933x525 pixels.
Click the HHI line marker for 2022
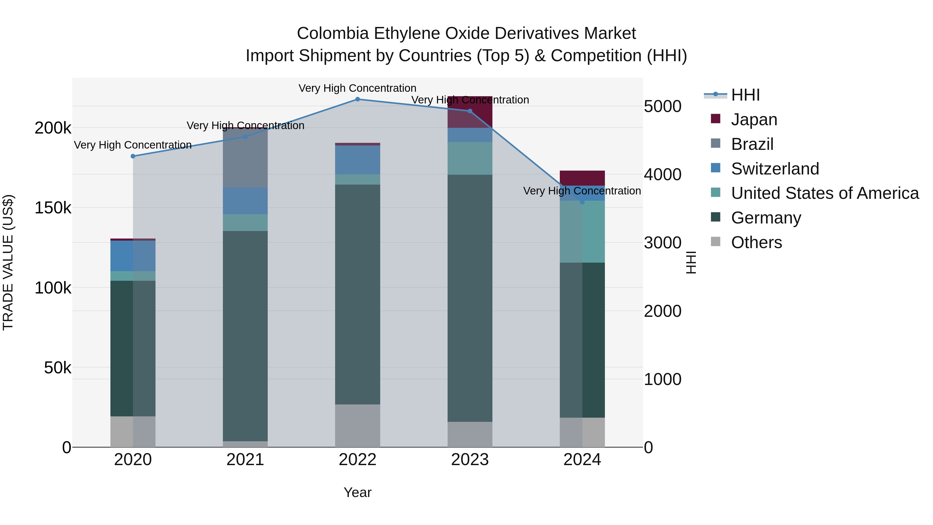(x=357, y=99)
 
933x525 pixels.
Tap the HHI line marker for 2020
(x=133, y=156)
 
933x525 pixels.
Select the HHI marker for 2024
(x=582, y=202)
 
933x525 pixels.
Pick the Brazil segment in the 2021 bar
(x=245, y=158)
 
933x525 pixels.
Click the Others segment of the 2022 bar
(x=357, y=425)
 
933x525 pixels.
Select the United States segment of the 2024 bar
(x=582, y=232)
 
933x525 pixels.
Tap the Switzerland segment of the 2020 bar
(x=133, y=256)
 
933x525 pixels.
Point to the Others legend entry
(x=756, y=242)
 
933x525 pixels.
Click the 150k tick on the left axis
(x=53, y=208)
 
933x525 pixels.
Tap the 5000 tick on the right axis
(x=662, y=107)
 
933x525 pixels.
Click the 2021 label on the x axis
(x=245, y=460)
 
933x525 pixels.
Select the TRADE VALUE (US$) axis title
(x=8, y=262)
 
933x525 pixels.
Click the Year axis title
(x=357, y=492)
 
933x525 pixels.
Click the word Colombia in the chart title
(x=333, y=33)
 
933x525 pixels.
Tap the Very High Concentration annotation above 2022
(x=357, y=88)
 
